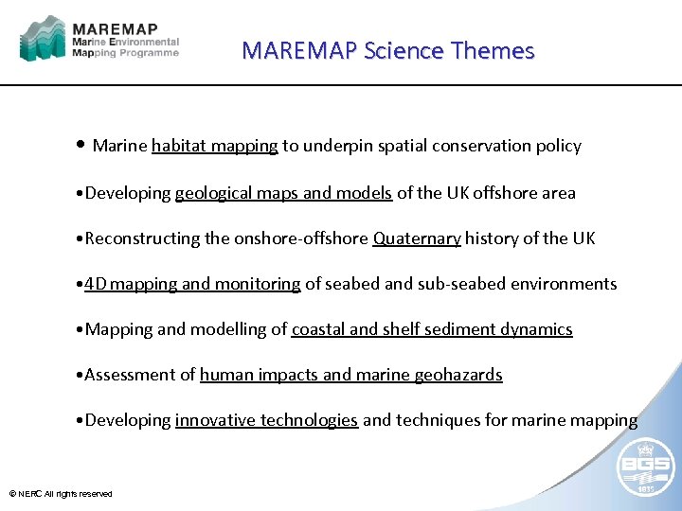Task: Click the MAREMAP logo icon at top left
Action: click(43, 40)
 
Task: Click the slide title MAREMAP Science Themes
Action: click(387, 51)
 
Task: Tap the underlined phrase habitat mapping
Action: click(214, 146)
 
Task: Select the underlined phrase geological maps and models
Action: click(283, 193)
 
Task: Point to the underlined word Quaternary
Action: click(417, 238)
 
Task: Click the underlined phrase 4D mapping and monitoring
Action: click(192, 284)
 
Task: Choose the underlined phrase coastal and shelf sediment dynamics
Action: click(432, 329)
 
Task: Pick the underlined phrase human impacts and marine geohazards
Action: click(350, 375)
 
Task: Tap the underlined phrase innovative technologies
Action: click(266, 420)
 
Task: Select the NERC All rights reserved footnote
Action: click(61, 494)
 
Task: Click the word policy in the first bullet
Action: click(559, 146)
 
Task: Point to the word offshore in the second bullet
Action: click(508, 193)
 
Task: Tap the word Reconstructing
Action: click(143, 238)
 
